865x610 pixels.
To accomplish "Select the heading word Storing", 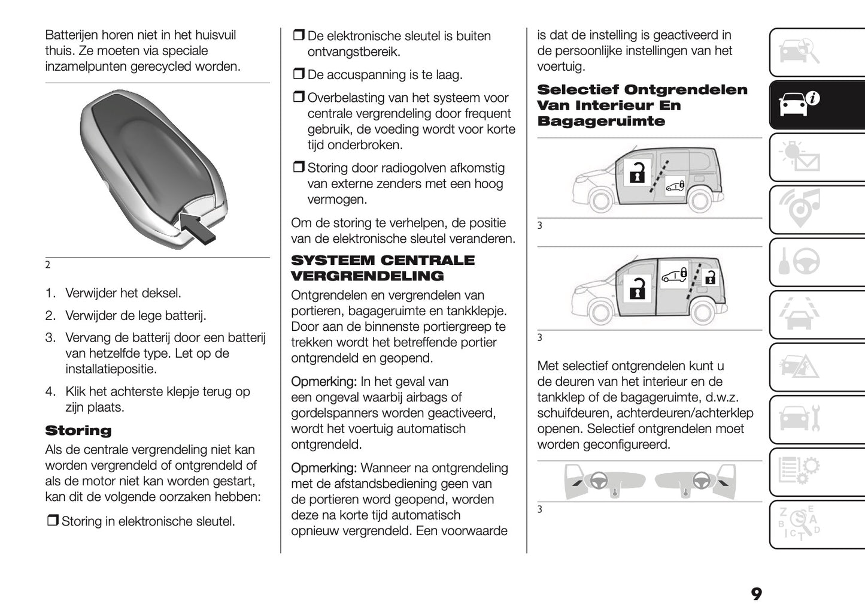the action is [78, 431].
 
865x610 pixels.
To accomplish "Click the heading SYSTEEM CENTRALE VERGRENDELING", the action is [382, 268].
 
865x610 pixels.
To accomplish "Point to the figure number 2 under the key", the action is [47, 265].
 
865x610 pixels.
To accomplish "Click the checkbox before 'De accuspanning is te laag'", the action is [298, 75].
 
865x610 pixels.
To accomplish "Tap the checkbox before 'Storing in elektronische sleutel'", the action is [52, 521].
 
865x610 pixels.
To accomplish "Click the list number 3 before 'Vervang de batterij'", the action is [50, 338].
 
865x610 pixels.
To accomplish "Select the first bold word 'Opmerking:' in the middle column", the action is [323, 382].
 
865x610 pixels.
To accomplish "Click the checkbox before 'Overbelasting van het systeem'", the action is [298, 98].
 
